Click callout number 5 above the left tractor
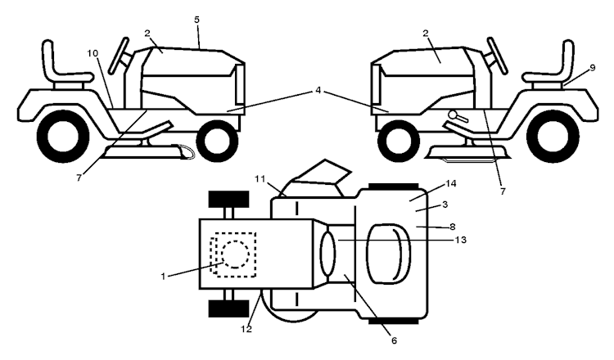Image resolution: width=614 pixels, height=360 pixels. tap(197, 17)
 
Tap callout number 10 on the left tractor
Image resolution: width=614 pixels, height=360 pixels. tap(93, 53)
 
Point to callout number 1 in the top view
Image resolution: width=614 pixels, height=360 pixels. tap(164, 276)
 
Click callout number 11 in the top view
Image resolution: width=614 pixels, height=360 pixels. tap(260, 178)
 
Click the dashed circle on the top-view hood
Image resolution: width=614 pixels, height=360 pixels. tap(233, 255)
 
